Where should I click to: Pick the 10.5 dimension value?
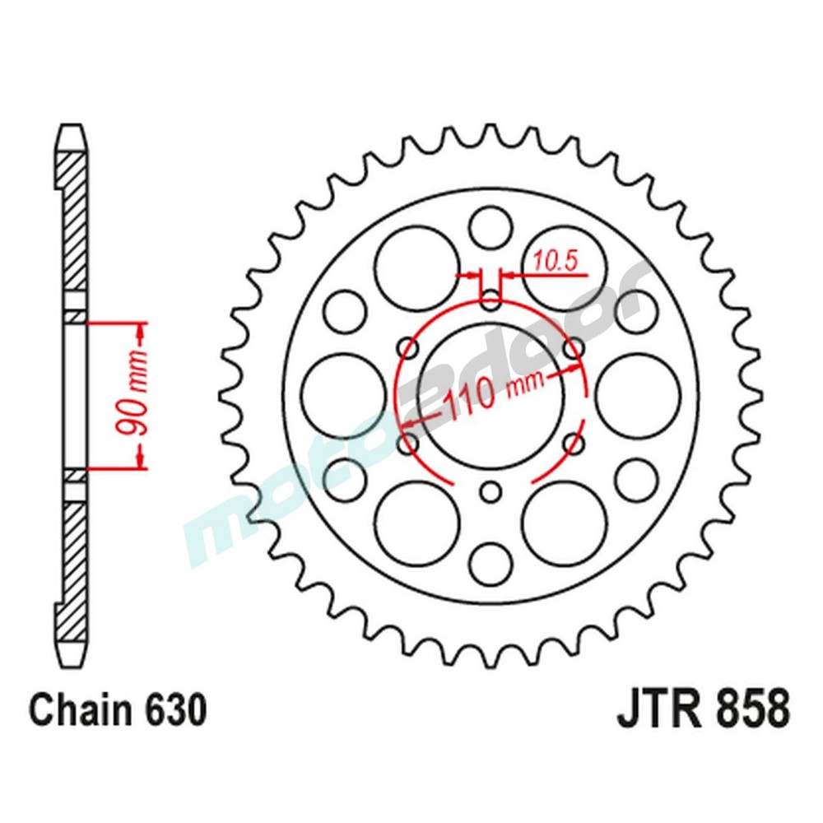pyautogui.click(x=557, y=261)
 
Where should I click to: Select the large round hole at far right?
pyautogui.click(x=638, y=396)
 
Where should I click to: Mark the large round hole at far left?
pyautogui.click(x=344, y=396)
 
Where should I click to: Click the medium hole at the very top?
pyautogui.click(x=491, y=226)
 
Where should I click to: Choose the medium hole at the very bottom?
pyautogui.click(x=491, y=565)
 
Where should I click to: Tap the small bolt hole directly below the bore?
pyautogui.click(x=491, y=493)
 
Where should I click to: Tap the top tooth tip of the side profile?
pyautogui.click(x=72, y=132)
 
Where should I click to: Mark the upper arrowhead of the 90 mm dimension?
pyautogui.click(x=141, y=333)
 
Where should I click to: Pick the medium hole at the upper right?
pyautogui.click(x=637, y=311)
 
